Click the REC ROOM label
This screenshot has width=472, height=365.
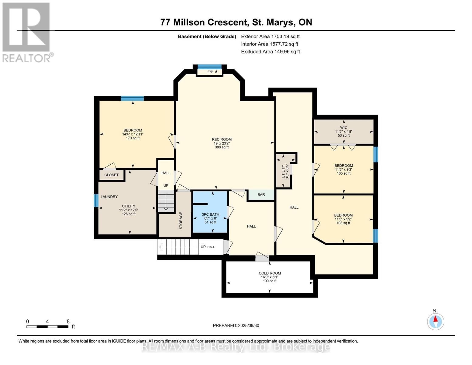click(222, 139)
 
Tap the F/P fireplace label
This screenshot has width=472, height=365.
click(210, 72)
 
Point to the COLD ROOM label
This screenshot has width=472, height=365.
click(270, 273)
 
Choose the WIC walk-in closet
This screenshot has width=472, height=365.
click(344, 132)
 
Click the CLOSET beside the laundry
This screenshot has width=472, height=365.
click(112, 175)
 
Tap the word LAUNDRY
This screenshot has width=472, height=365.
click(109, 197)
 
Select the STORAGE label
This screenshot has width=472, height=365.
click(181, 221)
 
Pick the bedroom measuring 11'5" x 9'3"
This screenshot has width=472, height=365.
click(344, 169)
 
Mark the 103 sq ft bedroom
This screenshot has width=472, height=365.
click(343, 219)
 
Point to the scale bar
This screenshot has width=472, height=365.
click(47, 326)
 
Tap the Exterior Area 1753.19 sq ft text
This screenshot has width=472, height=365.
click(270, 36)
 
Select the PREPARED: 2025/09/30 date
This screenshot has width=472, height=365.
click(236, 325)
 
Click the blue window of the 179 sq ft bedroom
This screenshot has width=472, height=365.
click(132, 98)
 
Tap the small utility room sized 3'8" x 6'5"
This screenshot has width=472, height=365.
click(283, 171)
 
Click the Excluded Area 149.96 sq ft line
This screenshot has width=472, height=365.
click(270, 52)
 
